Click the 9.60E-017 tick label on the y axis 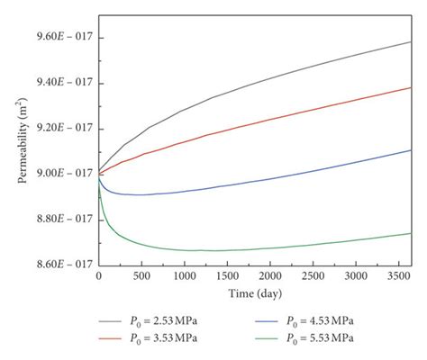pos(57,39)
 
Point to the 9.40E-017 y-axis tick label pos(57,84)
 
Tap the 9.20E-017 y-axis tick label pos(57,129)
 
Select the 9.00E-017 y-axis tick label pos(57,174)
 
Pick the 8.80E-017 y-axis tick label pos(57,219)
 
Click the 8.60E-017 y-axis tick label pos(57,264)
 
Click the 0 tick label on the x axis pos(98,276)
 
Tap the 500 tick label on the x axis pos(141,276)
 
